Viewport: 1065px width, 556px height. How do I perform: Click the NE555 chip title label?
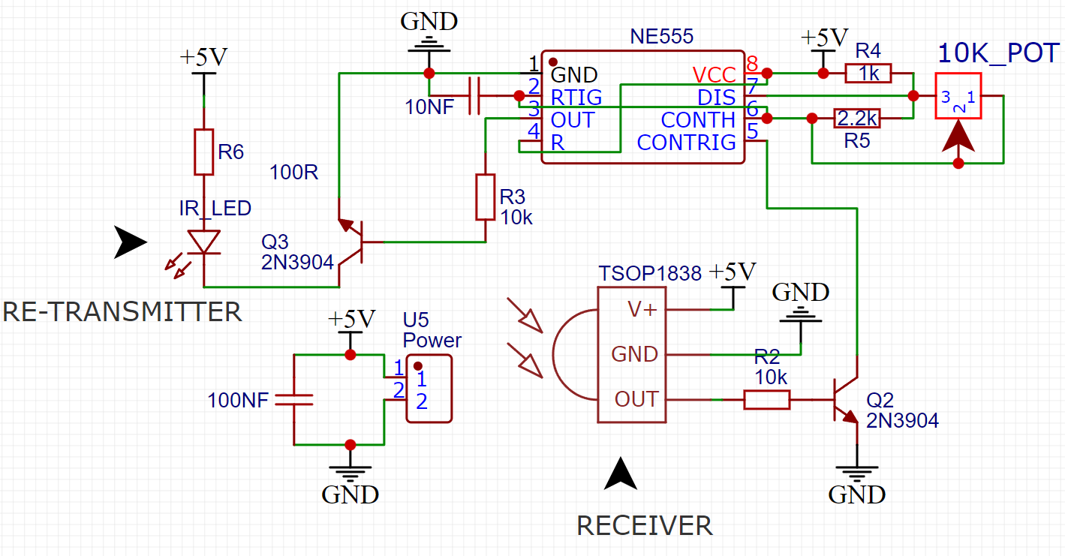pyautogui.click(x=661, y=36)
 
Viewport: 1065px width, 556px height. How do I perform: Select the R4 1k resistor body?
pyautogui.click(x=868, y=74)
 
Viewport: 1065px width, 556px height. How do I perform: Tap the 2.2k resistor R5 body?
pyautogui.click(x=857, y=119)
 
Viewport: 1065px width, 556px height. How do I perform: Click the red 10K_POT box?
pyautogui.click(x=958, y=95)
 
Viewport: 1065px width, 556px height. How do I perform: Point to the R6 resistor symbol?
pyautogui.click(x=204, y=152)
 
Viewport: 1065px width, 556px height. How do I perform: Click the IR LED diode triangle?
pyautogui.click(x=204, y=242)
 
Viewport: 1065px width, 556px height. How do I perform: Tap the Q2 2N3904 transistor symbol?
pyautogui.click(x=844, y=400)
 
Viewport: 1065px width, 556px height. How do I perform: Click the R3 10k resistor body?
pyautogui.click(x=486, y=197)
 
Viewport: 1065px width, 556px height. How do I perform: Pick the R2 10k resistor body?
pyautogui.click(x=766, y=400)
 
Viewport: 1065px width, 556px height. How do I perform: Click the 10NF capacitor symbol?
pyautogui.click(x=473, y=96)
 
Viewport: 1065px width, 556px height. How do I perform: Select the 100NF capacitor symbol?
pyautogui.click(x=293, y=399)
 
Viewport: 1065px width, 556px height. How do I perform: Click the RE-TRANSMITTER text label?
pyautogui.click(x=122, y=311)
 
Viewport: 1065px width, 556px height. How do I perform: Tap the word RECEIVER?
pyautogui.click(x=644, y=526)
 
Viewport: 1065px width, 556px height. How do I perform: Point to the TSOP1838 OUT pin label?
pyautogui.click(x=636, y=400)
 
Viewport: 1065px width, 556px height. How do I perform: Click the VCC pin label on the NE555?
pyautogui.click(x=714, y=74)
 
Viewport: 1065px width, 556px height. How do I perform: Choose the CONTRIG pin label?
pyautogui.click(x=686, y=142)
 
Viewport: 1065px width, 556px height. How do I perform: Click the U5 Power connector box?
pyautogui.click(x=429, y=389)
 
